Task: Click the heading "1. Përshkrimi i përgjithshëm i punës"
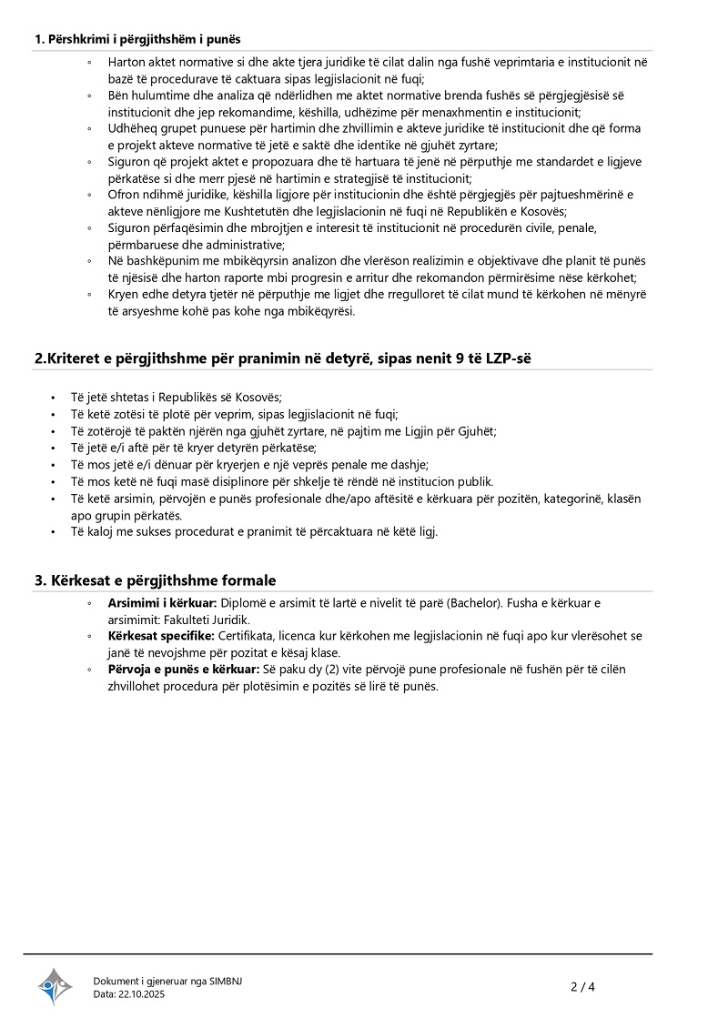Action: pyautogui.click(x=137, y=38)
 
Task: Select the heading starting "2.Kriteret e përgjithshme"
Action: pyautogui.click(x=282, y=358)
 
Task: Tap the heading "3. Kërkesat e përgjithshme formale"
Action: pyautogui.click(x=156, y=580)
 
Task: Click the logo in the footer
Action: pyautogui.click(x=55, y=986)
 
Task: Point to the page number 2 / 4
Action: pyautogui.click(x=582, y=987)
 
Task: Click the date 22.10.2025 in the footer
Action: pyautogui.click(x=142, y=994)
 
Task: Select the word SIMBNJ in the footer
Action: pyautogui.click(x=226, y=981)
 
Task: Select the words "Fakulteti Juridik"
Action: pyautogui.click(x=207, y=620)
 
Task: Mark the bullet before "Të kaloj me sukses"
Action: pyautogui.click(x=55, y=531)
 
